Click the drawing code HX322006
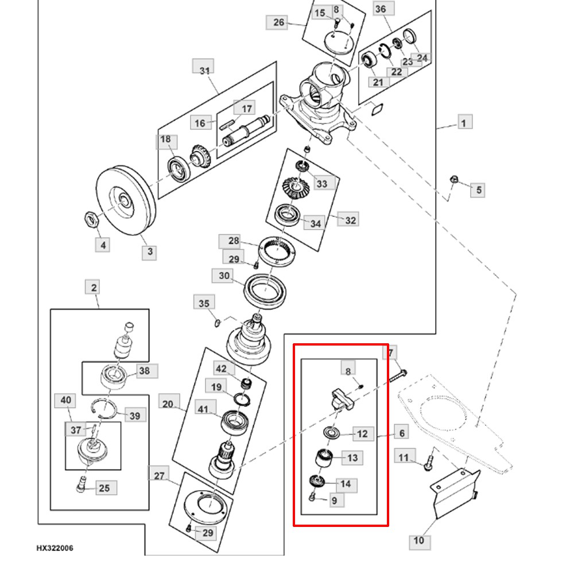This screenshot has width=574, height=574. tap(55, 548)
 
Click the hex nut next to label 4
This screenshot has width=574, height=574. tap(91, 218)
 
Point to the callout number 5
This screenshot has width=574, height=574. tap(478, 189)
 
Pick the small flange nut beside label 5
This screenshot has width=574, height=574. tap(453, 181)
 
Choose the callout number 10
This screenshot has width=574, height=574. tap(419, 540)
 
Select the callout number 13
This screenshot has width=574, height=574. tap(352, 457)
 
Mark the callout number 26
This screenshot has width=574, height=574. tap(279, 22)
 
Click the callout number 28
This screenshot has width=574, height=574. tap(233, 241)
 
